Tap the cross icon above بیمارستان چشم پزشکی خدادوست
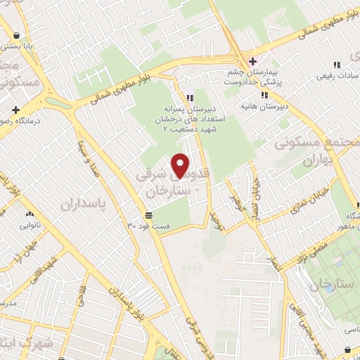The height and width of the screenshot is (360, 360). click(x=253, y=62)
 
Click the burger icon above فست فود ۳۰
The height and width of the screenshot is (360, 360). click(x=148, y=215)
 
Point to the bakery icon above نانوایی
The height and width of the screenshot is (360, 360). click(x=30, y=213)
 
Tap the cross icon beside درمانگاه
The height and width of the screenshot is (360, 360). click(x=15, y=110)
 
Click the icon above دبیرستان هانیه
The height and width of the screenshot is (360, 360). click(x=264, y=95)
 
